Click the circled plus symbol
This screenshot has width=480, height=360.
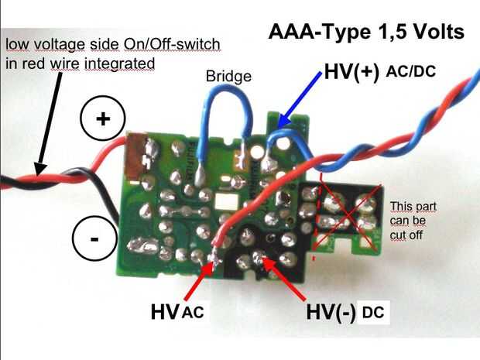tap(103, 118)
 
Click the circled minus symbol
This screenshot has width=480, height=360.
tap(95, 238)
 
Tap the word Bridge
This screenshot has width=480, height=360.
tap(228, 76)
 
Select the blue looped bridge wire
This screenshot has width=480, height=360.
tap(227, 92)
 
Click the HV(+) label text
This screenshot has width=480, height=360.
tap(351, 72)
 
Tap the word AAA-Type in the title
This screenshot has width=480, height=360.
tap(319, 32)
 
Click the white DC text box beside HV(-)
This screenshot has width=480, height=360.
tap(373, 313)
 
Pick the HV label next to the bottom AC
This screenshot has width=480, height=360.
tap(165, 312)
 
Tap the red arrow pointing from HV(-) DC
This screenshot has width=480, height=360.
tap(284, 278)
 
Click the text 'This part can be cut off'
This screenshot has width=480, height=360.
tap(413, 221)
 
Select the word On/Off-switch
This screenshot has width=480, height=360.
tap(172, 45)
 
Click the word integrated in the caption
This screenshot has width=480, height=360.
tap(119, 64)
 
